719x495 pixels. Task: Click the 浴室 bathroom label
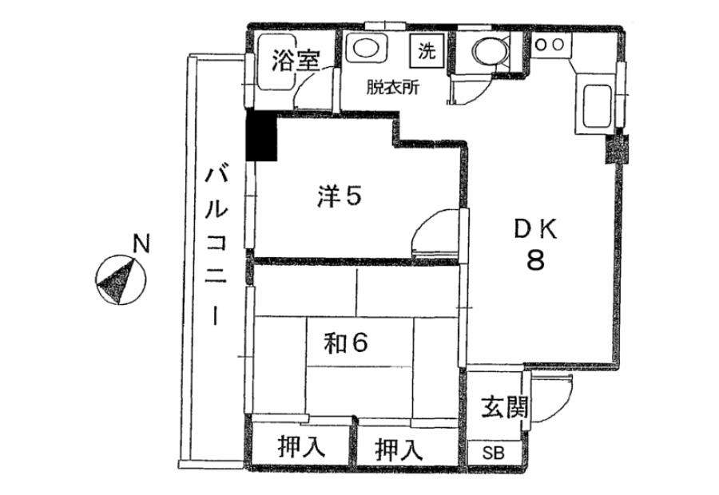click(x=296, y=61)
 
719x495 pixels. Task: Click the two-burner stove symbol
click(x=550, y=45)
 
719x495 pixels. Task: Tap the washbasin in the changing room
click(x=365, y=48)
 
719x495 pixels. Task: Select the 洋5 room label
click(x=340, y=196)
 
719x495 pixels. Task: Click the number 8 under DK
click(x=535, y=260)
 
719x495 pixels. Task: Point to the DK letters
click(x=535, y=228)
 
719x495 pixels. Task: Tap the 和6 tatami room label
click(x=346, y=343)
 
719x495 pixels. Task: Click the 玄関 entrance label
click(x=504, y=407)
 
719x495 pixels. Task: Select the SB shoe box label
click(x=494, y=453)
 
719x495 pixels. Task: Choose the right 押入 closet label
click(x=399, y=449)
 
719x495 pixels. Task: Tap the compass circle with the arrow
click(x=121, y=279)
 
